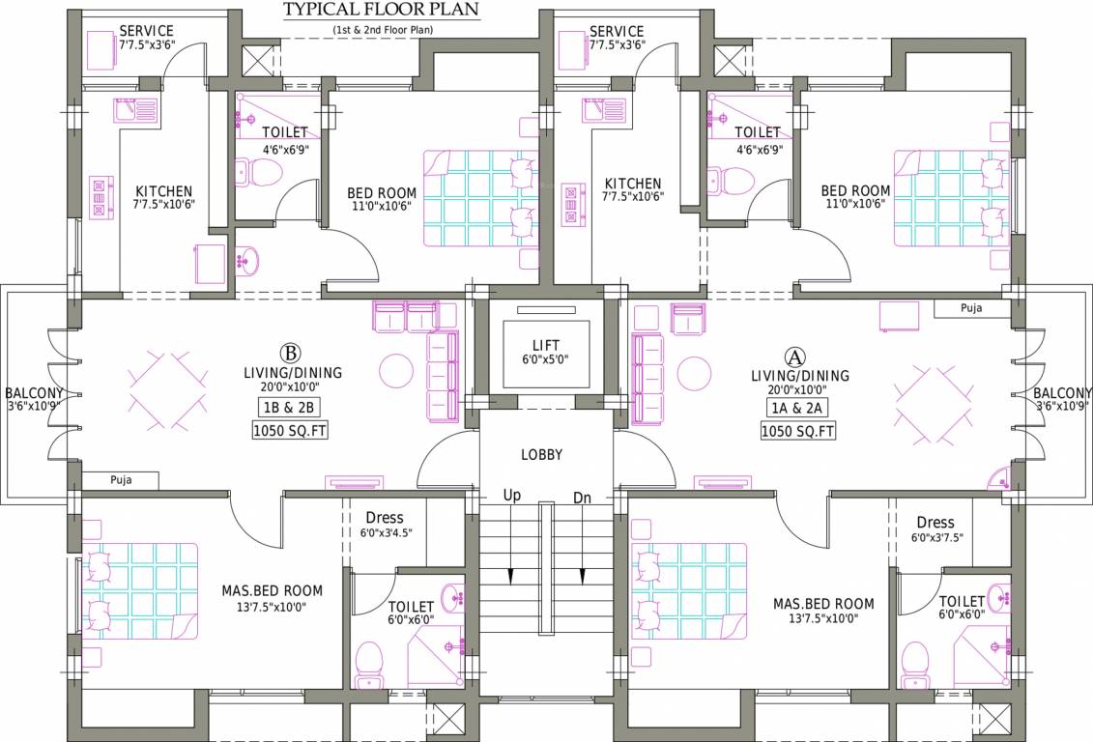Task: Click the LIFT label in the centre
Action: tap(545, 346)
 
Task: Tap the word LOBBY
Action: tap(541, 454)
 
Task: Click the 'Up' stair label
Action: tap(512, 496)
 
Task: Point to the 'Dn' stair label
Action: tap(582, 498)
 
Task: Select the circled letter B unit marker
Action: tap(287, 353)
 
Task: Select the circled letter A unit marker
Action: tap(794, 356)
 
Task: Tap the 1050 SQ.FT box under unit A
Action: tap(797, 431)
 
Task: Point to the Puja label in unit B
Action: tap(121, 479)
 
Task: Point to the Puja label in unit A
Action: tap(970, 308)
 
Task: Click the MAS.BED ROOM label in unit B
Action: tap(273, 590)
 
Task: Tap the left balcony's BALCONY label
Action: tap(34, 393)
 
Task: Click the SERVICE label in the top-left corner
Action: tap(146, 31)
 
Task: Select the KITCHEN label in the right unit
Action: tap(633, 184)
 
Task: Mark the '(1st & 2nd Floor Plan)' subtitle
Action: tap(383, 30)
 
